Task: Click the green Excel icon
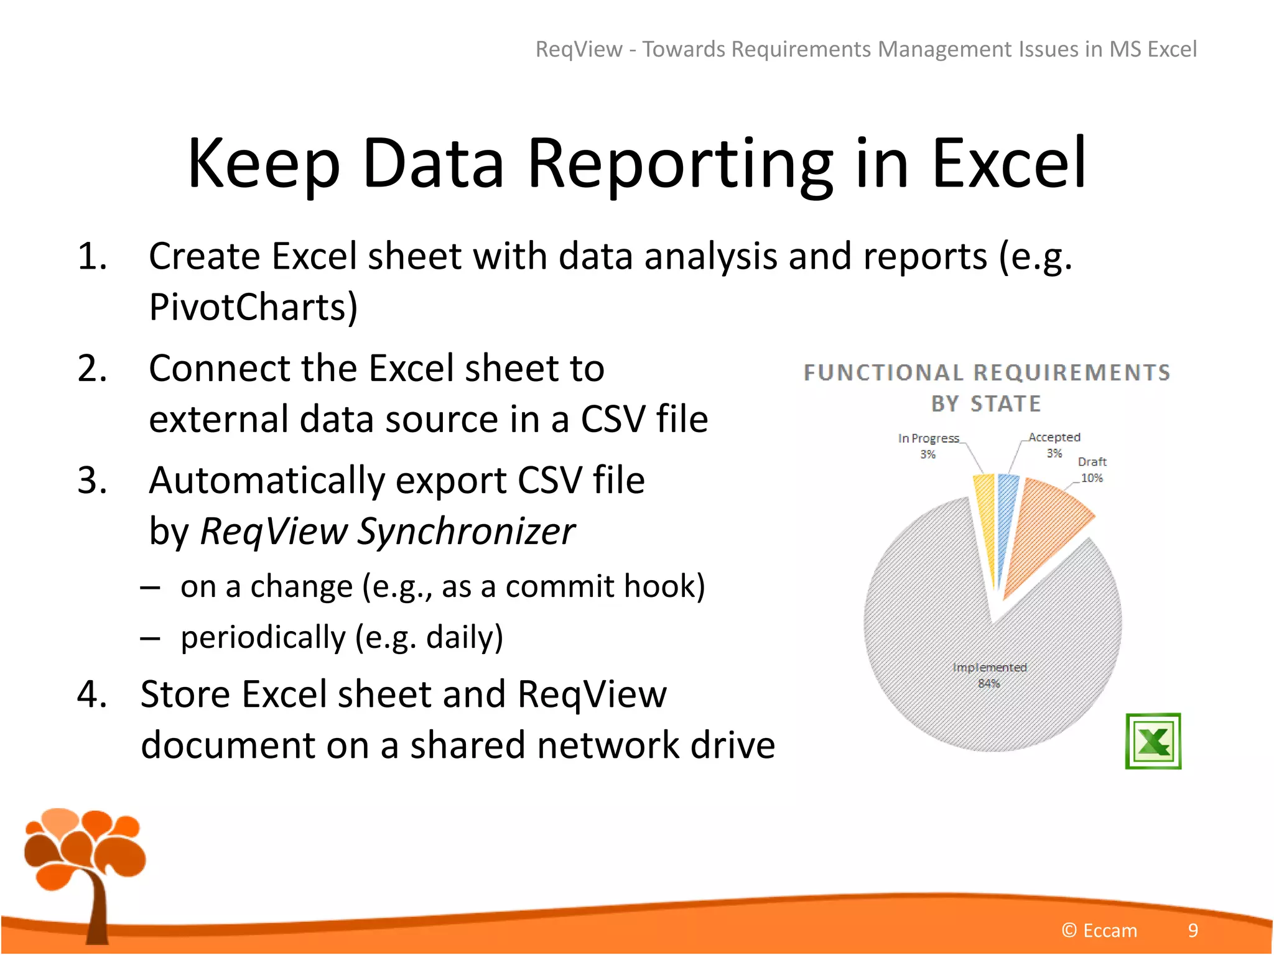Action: click(x=1153, y=740)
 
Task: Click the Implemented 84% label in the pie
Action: click(x=989, y=675)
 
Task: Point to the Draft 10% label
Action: click(x=1092, y=469)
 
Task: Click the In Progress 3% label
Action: click(x=928, y=446)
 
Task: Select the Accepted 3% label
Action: click(x=1054, y=445)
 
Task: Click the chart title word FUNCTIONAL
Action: click(x=883, y=372)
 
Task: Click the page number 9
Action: click(x=1193, y=930)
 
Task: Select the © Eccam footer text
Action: click(x=1099, y=930)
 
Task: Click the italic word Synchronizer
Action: click(x=466, y=532)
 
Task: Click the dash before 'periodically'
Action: click(x=151, y=638)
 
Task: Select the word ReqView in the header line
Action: click(x=579, y=49)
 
